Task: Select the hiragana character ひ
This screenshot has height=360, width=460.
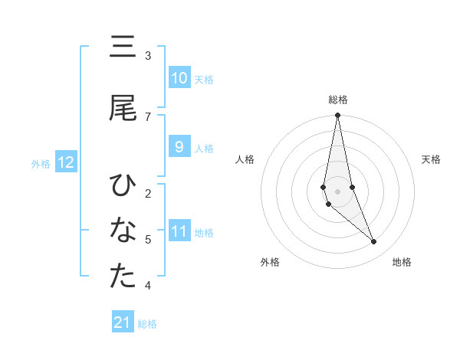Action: point(123,185)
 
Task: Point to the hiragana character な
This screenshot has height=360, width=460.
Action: point(123,230)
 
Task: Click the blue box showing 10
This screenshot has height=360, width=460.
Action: point(179,79)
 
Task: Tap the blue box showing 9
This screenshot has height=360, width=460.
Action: point(179,147)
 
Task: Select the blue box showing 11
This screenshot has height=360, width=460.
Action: point(179,232)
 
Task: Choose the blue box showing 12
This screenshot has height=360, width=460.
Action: point(66,162)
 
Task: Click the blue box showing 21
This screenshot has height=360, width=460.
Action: point(123,322)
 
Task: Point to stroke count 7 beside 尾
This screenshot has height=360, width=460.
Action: point(148,116)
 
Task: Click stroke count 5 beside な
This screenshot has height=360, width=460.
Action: point(148,239)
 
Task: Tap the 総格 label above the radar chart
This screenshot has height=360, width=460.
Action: point(338,100)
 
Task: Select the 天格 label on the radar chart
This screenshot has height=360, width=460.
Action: point(431,159)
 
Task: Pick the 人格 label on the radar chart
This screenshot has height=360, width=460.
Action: point(245,159)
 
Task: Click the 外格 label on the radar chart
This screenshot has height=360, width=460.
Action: point(270,262)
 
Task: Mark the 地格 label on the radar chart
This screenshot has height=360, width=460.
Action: point(402,262)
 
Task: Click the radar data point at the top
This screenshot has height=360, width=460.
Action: point(337,116)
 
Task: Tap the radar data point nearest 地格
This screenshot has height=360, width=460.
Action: point(373,242)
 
